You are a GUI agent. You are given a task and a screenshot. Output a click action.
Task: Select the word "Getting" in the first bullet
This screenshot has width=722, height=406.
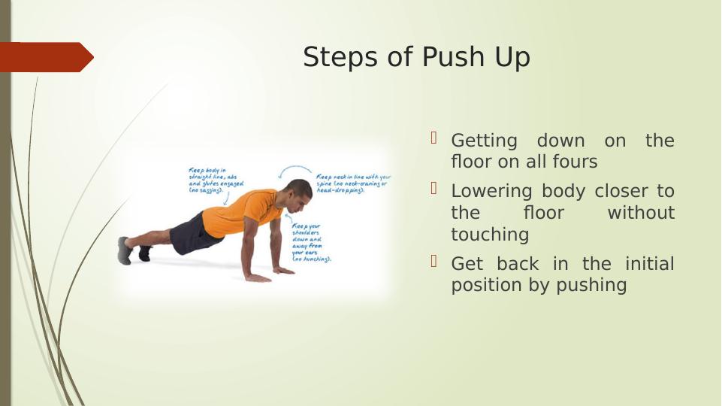click(484, 141)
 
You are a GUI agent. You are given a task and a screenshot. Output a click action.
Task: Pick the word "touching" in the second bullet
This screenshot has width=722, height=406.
click(490, 235)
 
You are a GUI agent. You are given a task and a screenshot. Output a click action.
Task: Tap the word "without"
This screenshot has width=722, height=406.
click(641, 213)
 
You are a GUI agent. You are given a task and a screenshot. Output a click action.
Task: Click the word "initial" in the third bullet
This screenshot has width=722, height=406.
click(649, 264)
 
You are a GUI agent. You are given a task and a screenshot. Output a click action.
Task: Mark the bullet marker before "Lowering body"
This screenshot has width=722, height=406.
click(434, 188)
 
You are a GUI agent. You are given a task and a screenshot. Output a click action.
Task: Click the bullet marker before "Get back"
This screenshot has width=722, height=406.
click(434, 261)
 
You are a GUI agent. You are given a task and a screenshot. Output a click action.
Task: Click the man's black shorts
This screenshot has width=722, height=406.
click(194, 232)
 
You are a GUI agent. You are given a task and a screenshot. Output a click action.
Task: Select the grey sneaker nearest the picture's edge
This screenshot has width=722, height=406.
click(125, 250)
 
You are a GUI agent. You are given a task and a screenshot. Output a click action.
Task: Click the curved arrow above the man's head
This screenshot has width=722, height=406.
click(295, 169)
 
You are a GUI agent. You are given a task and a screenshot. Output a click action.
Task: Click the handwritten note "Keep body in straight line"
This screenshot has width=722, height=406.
click(215, 181)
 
